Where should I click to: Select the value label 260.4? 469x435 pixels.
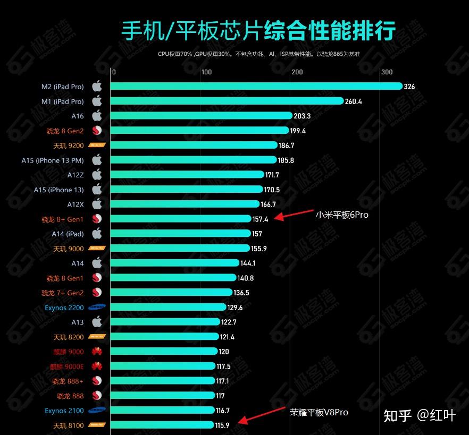click(353, 101)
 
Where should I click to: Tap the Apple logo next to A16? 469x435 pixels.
click(97, 116)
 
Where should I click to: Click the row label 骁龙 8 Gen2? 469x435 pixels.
click(65, 131)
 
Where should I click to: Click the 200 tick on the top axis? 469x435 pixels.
click(297, 72)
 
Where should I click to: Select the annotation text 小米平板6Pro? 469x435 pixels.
click(341, 215)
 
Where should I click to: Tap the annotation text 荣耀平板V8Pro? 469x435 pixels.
click(319, 412)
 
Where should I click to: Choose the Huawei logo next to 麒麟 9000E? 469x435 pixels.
click(97, 366)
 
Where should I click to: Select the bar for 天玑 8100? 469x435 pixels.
click(162, 425)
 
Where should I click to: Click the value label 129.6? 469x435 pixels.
click(234, 308)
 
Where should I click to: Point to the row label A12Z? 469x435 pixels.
click(76, 175)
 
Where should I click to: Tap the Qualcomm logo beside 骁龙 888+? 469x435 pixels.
click(97, 381)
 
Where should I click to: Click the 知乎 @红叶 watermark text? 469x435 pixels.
click(420, 415)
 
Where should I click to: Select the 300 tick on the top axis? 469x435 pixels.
click(387, 72)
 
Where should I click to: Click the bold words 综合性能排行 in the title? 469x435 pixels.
click(330, 31)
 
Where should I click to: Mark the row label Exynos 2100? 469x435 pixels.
click(64, 411)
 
